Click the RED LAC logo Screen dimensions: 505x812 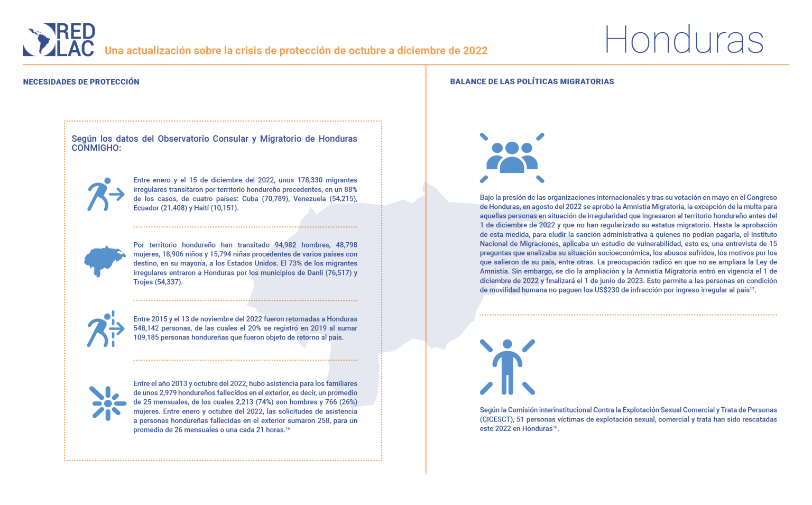(59, 40)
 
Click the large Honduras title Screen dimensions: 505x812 (684, 40)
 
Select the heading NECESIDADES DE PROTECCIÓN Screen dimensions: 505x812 (81, 82)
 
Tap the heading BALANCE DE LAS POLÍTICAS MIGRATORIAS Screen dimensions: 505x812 (532, 82)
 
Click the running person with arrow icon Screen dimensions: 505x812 (105, 194)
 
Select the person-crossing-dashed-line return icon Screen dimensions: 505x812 (105, 329)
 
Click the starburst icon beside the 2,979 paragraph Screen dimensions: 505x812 (108, 403)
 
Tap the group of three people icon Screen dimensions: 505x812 (512, 158)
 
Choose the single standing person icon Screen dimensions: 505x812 (508, 367)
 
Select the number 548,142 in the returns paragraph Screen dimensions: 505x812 (147, 328)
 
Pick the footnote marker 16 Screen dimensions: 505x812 (288, 428)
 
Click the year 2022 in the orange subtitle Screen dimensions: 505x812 (475, 51)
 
